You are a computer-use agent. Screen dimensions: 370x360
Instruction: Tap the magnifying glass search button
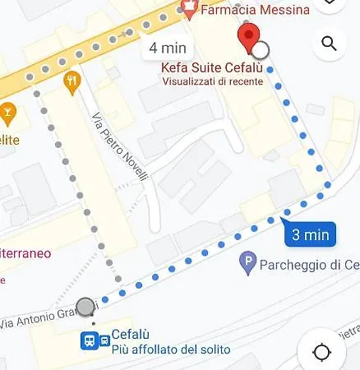click(x=329, y=44)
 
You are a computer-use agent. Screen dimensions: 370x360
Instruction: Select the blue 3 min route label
click(x=311, y=235)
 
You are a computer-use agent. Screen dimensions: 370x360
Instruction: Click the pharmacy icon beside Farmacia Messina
click(x=190, y=9)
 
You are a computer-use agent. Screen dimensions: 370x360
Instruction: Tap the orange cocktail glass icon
click(x=8, y=109)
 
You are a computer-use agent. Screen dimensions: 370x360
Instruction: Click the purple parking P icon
click(x=247, y=264)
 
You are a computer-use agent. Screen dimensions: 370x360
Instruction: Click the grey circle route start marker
click(x=85, y=308)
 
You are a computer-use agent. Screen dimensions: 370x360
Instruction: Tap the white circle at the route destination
click(x=261, y=51)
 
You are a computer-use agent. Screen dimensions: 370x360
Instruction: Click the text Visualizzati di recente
click(x=213, y=81)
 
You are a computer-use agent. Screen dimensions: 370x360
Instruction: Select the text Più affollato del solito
click(x=170, y=350)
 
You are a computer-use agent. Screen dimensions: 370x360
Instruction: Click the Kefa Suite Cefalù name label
click(x=213, y=67)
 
